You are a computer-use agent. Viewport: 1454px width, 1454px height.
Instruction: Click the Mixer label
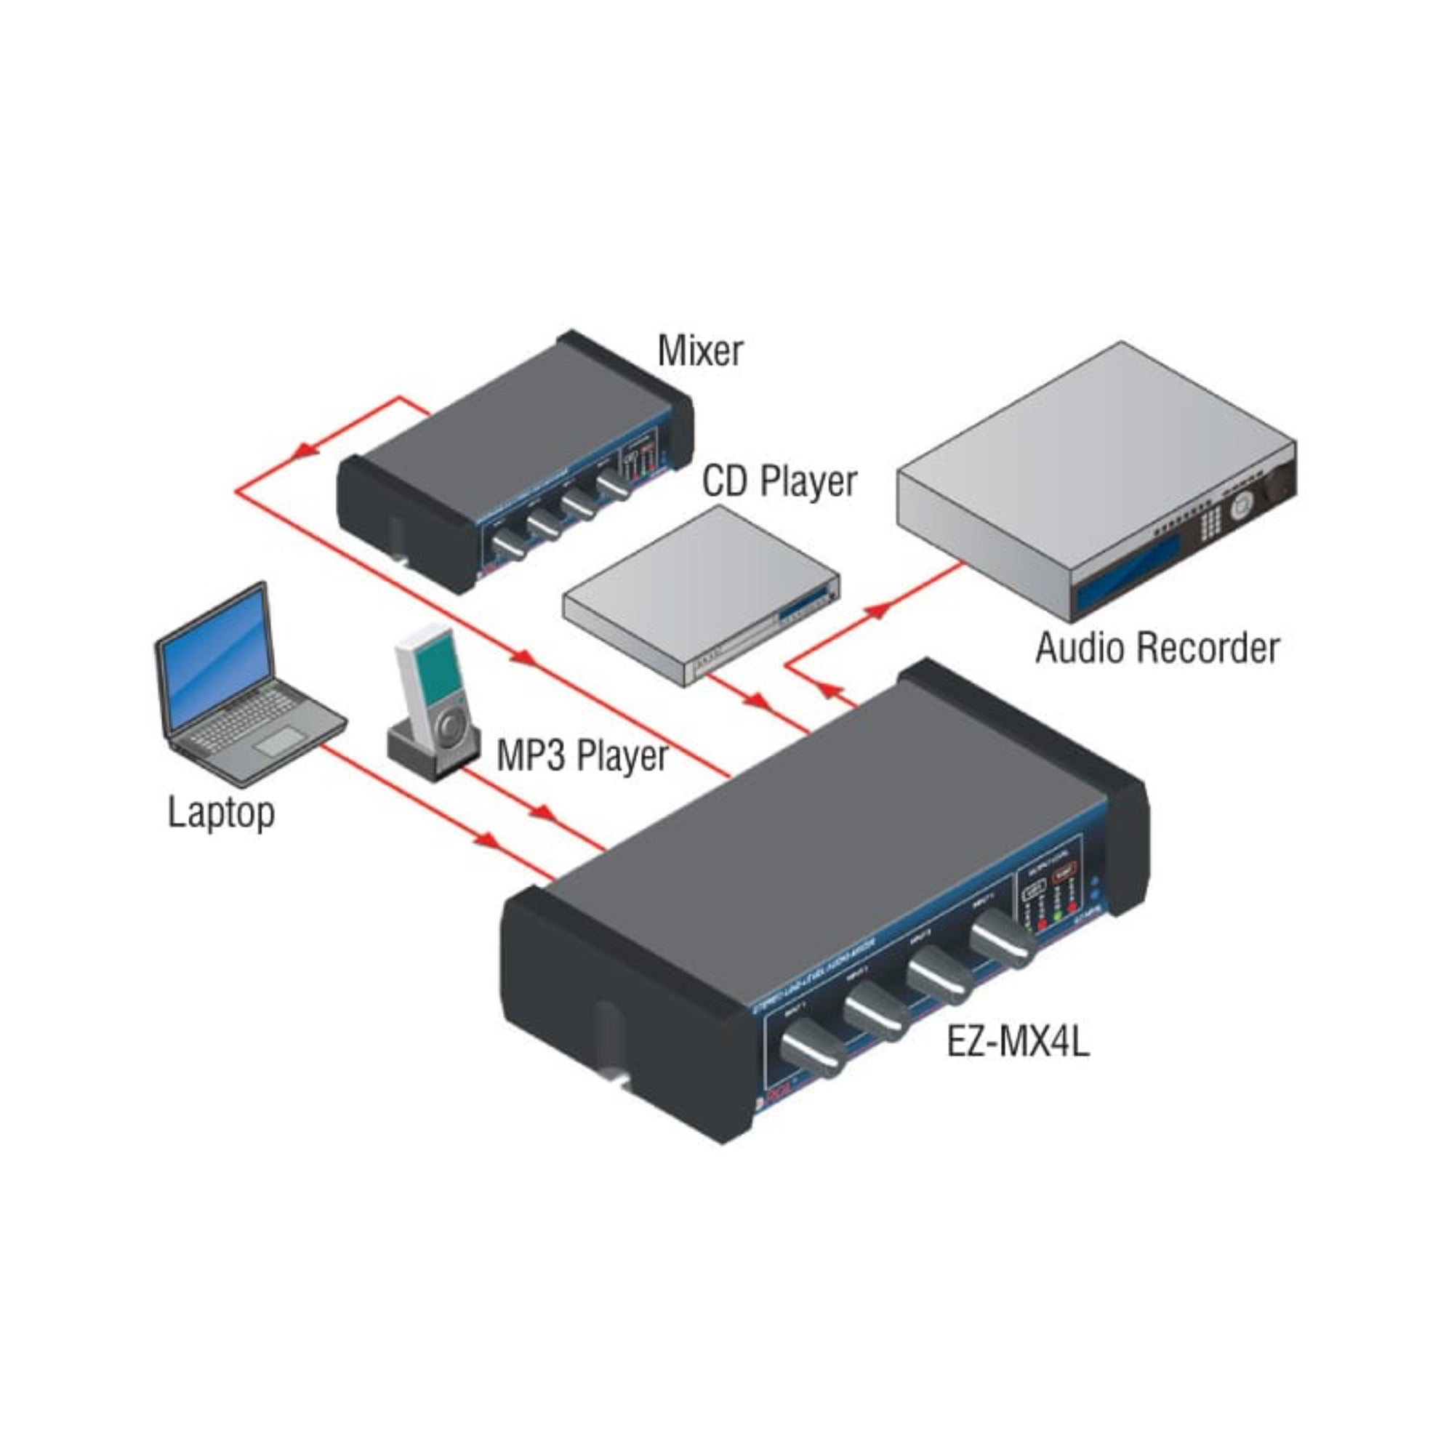click(x=699, y=351)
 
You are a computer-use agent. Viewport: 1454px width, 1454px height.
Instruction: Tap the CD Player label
click(x=779, y=482)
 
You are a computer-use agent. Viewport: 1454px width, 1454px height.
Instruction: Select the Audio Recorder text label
click(x=1157, y=648)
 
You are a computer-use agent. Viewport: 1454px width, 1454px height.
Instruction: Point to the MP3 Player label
click(x=582, y=755)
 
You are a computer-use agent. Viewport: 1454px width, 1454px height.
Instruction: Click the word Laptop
click(x=220, y=814)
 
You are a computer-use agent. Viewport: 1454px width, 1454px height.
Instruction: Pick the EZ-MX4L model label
click(x=1017, y=1044)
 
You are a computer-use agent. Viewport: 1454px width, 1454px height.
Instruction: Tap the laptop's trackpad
click(x=279, y=742)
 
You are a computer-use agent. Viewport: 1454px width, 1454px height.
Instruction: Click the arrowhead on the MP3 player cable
click(x=542, y=814)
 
